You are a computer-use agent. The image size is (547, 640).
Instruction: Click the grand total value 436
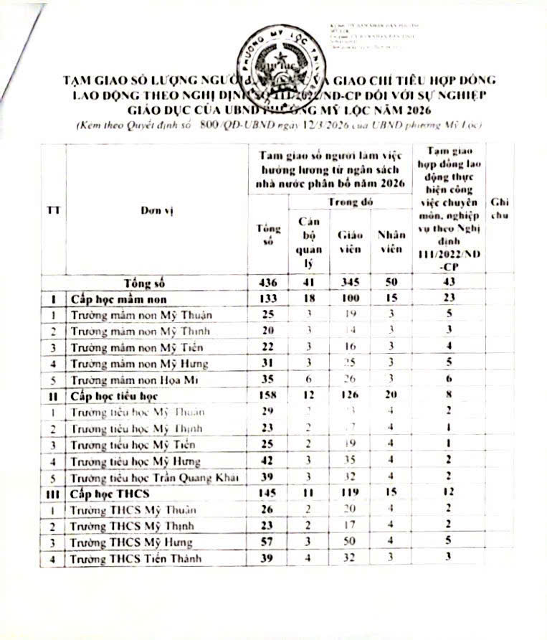(x=267, y=283)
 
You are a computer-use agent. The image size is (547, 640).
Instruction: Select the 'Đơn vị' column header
(x=157, y=210)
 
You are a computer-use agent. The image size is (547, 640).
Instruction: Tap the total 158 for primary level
(x=267, y=395)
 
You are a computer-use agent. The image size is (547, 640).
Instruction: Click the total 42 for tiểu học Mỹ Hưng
(x=267, y=461)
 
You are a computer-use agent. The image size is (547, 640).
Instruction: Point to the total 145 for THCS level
(x=267, y=494)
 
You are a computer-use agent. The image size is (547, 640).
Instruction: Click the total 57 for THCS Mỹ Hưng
(x=267, y=542)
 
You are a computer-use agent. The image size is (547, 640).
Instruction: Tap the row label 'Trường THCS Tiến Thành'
(x=135, y=559)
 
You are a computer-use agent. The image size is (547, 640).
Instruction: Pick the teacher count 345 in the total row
(x=348, y=283)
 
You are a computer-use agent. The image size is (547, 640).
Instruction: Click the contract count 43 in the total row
(x=449, y=283)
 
